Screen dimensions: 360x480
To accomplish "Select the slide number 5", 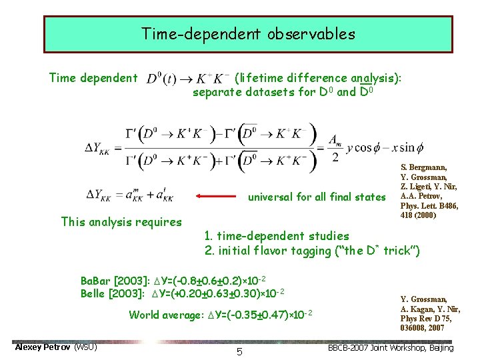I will [239, 351].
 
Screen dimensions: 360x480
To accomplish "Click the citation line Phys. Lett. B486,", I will [429, 205].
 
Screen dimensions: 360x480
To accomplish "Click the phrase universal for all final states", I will [316, 197].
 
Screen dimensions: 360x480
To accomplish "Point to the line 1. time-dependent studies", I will [277, 235].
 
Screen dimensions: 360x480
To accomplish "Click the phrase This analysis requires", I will [121, 221].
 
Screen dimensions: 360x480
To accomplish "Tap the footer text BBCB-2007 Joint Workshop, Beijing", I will [391, 347].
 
